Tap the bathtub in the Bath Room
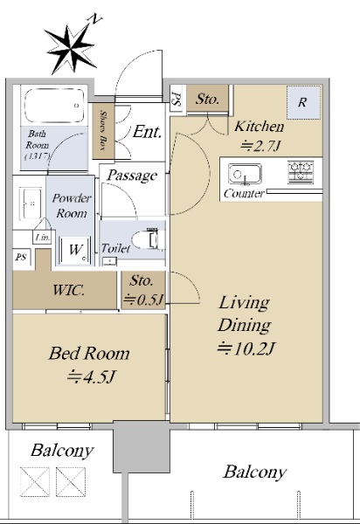click(54, 105)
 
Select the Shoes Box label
click(103, 131)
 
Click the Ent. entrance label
click(147, 132)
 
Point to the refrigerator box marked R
click(303, 102)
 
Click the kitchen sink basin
click(245, 174)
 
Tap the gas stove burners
click(301, 172)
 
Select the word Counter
click(244, 194)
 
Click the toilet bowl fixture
click(149, 239)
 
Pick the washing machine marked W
click(75, 251)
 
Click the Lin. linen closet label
click(43, 238)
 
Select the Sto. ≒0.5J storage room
click(143, 290)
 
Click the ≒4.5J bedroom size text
click(91, 377)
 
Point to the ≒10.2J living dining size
click(246, 349)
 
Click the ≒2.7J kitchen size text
click(260, 146)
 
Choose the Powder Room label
click(72, 205)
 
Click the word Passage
click(132, 176)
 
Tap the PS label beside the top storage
click(177, 100)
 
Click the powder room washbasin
click(31, 203)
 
